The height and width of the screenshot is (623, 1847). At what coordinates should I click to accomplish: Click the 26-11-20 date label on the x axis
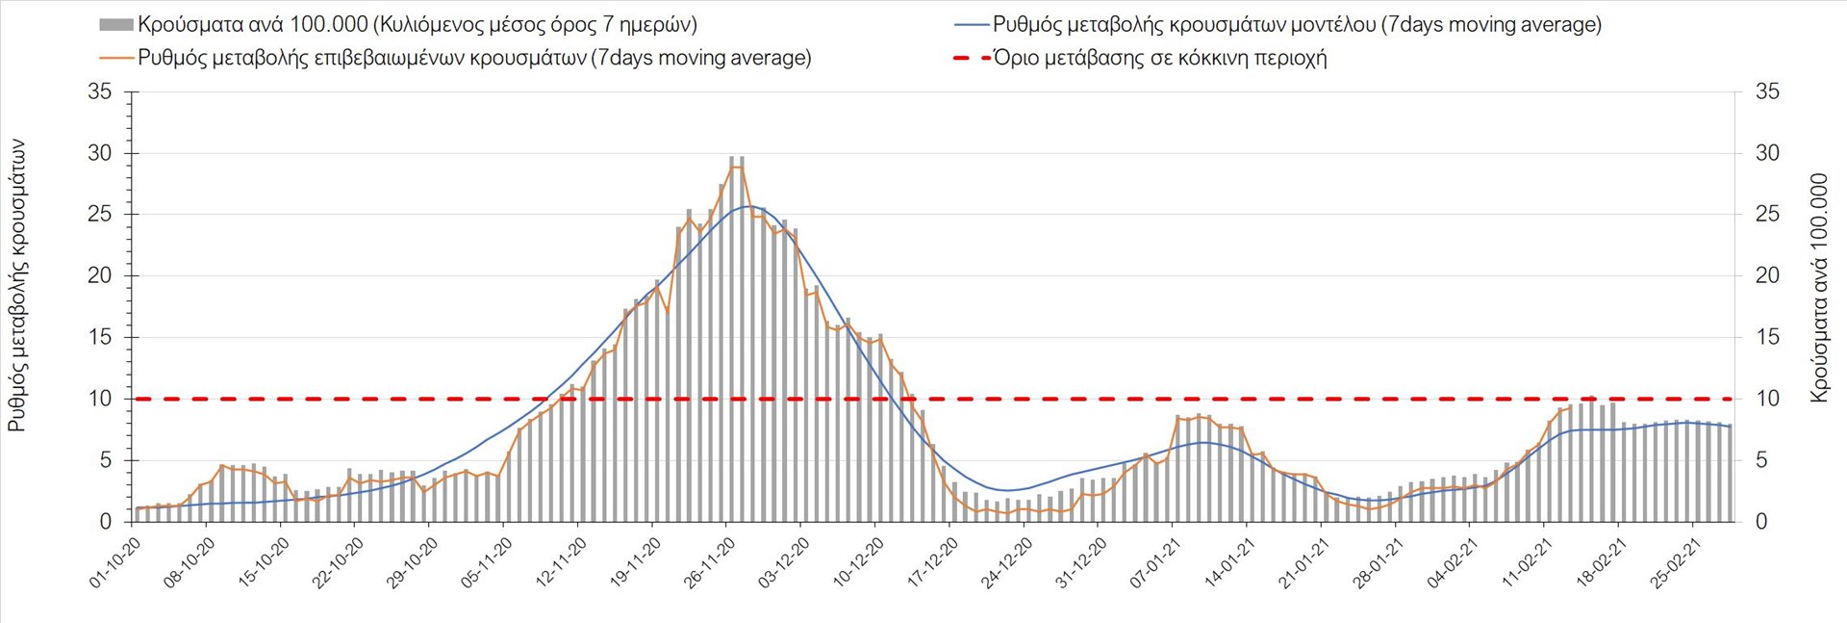point(709,563)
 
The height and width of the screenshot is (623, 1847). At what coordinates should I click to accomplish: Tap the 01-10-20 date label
point(115,563)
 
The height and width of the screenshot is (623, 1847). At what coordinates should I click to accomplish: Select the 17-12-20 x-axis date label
point(932,563)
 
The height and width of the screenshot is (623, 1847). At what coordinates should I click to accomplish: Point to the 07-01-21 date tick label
point(1155,563)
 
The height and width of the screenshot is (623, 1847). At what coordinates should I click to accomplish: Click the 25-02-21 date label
point(1675,563)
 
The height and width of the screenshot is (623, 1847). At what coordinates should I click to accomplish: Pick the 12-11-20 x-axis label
point(561,563)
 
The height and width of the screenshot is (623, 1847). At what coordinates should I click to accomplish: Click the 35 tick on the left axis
point(99,92)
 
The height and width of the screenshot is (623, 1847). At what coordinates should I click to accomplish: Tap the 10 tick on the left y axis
point(99,399)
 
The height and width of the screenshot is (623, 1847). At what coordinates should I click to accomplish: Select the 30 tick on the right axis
point(1767,153)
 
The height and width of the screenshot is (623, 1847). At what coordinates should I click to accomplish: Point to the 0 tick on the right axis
point(1761,522)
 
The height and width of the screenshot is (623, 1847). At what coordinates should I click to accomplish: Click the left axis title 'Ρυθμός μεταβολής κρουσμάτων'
point(17,285)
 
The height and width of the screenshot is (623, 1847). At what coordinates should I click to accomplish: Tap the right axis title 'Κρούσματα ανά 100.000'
point(1818,287)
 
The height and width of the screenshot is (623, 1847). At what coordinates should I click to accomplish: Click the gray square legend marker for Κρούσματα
point(115,25)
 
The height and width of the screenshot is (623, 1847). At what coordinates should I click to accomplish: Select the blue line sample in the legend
point(972,25)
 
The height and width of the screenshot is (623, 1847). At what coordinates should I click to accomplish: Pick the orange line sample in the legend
point(115,58)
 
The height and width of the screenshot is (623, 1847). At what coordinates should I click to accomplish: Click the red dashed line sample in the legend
point(972,58)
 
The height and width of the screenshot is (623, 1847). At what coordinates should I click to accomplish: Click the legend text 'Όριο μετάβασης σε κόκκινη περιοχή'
point(1160,58)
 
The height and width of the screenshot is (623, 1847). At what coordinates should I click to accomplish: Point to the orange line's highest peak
point(736,167)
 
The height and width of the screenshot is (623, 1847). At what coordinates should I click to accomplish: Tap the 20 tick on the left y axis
point(99,276)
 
